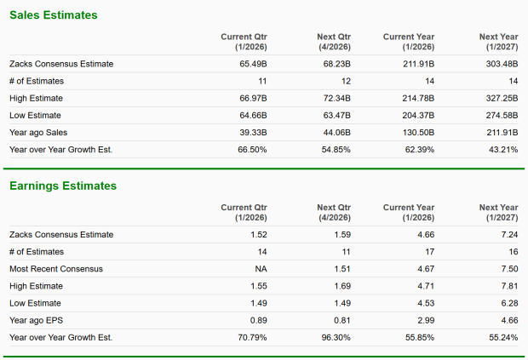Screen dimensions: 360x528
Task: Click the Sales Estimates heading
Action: (x=53, y=15)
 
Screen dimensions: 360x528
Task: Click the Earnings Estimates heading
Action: (x=63, y=186)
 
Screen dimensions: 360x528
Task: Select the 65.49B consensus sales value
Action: (x=252, y=64)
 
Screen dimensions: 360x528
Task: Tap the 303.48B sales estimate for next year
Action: (x=498, y=64)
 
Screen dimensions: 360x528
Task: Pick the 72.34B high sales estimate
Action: (x=334, y=98)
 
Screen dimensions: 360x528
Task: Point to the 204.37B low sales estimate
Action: (x=416, y=115)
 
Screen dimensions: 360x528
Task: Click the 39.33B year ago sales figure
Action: (x=252, y=132)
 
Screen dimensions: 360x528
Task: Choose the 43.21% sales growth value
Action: (x=502, y=149)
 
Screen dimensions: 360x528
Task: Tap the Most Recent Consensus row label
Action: (x=56, y=269)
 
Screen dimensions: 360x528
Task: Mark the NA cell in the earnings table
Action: (x=260, y=269)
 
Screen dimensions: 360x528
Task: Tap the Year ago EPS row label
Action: (x=37, y=320)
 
